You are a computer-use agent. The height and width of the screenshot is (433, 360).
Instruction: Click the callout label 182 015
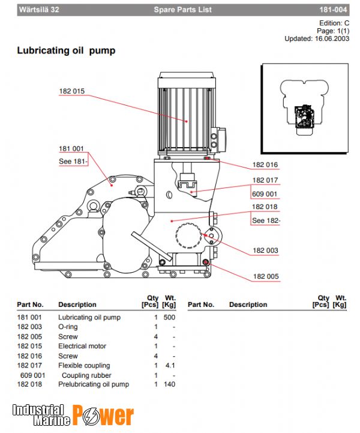pos(72,91)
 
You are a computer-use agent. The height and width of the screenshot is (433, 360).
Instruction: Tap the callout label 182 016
pos(265,165)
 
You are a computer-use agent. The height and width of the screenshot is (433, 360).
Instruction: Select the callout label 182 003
pos(265,250)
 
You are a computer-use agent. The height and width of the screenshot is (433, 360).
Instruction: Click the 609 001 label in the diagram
pos(265,194)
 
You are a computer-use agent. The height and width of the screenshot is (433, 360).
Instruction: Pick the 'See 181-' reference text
pos(73,161)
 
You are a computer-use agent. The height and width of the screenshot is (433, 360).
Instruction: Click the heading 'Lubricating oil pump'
pos(66,51)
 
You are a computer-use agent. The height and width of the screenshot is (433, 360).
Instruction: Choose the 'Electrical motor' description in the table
pos(82,347)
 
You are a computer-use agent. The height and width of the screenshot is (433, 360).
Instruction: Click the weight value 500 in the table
pos(169,317)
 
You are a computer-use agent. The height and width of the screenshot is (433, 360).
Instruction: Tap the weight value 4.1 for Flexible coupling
pos(170,366)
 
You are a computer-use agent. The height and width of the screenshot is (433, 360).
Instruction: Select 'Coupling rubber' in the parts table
pos(86,375)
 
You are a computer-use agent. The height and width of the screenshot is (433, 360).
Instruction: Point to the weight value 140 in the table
pos(169,384)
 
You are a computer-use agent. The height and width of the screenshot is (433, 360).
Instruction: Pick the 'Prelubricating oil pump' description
pos(94,384)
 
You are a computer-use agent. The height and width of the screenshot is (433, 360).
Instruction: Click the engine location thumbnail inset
pos(304,108)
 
